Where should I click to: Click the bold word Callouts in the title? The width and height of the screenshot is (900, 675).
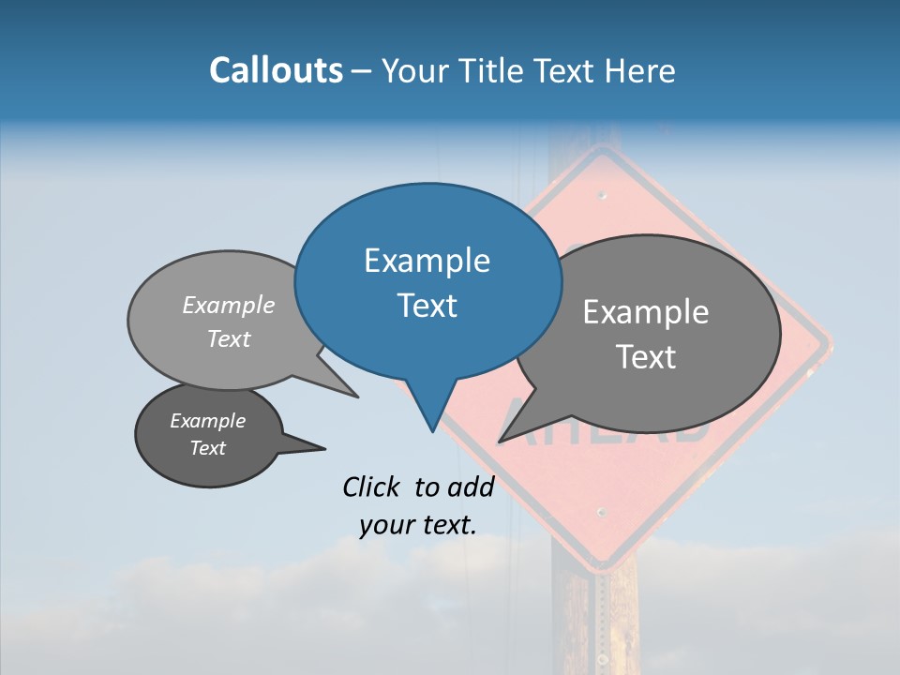coord(276,70)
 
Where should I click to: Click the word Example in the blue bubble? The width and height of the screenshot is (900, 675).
coord(427,261)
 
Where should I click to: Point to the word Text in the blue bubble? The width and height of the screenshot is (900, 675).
coord(427,306)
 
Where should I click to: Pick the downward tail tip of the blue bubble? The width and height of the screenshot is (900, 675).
coord(432,430)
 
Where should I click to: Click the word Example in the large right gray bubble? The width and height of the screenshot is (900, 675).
coord(646,312)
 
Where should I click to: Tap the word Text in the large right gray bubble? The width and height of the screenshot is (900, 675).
coord(646,357)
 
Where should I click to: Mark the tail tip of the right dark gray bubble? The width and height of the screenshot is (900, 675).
coord(501,440)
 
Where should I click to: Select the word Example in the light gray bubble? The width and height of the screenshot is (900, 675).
coord(229,305)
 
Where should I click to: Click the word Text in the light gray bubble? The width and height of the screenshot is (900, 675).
coord(229,338)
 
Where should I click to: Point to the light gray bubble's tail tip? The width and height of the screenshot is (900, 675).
coord(356,397)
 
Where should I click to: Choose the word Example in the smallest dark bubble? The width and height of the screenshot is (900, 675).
coord(207,421)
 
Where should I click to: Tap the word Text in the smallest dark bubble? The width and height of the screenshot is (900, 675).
coord(207,448)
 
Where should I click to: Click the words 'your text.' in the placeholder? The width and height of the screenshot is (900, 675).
coord(418,525)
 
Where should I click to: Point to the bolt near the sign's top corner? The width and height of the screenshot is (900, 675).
coord(603,196)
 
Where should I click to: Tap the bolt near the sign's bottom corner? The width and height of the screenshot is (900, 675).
coord(601,513)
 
